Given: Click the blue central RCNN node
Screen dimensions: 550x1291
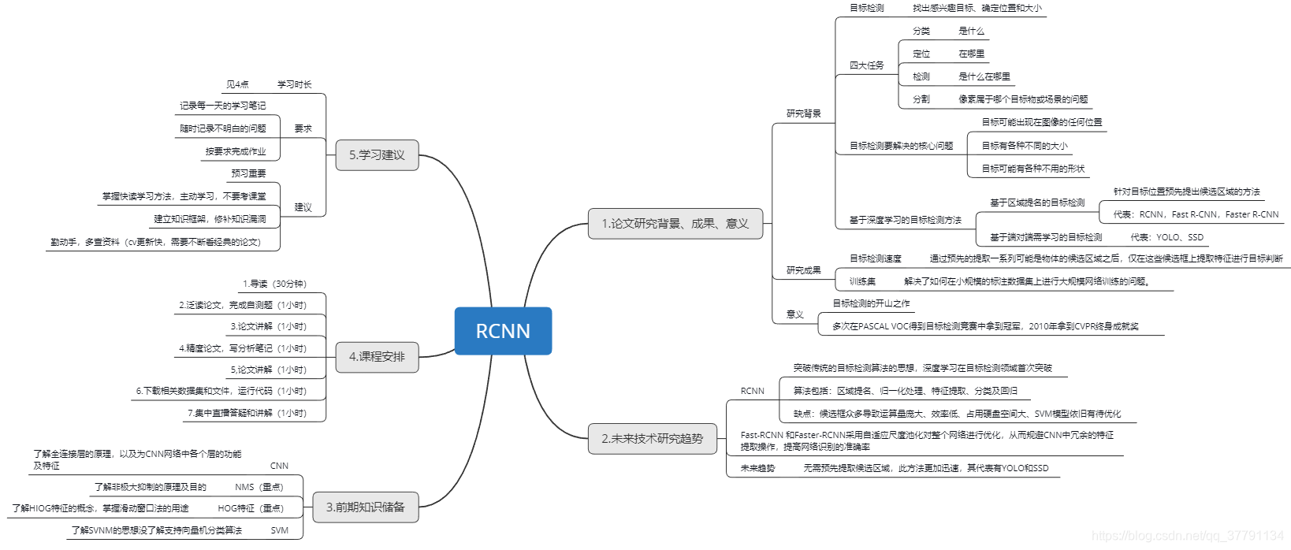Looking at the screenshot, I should point(503,331).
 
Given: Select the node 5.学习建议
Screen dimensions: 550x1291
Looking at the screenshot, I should point(377,155).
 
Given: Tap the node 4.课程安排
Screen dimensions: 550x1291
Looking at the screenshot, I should point(377,357).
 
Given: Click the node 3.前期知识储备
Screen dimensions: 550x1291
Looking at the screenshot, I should point(365,507).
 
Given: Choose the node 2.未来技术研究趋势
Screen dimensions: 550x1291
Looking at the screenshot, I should point(652,439).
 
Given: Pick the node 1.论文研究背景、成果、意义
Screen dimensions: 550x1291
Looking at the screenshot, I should point(675,224).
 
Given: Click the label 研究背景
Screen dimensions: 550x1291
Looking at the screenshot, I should point(803,113).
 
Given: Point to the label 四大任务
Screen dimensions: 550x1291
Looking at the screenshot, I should point(866,65).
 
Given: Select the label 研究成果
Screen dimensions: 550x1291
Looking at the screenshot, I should point(803,270).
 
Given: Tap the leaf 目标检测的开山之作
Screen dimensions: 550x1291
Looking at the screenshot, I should point(871,303).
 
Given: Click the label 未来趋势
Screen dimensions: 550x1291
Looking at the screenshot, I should point(757,468).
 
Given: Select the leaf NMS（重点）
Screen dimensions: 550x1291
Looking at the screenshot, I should point(259,487).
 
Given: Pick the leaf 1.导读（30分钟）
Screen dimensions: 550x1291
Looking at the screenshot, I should point(274,284).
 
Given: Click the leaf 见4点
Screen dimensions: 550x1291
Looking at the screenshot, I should point(237,84).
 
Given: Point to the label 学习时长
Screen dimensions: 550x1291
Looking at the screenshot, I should point(294,84).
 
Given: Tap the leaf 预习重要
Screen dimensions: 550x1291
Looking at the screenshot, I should point(248,173).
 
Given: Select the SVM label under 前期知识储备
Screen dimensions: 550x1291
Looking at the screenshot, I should point(279,530).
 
